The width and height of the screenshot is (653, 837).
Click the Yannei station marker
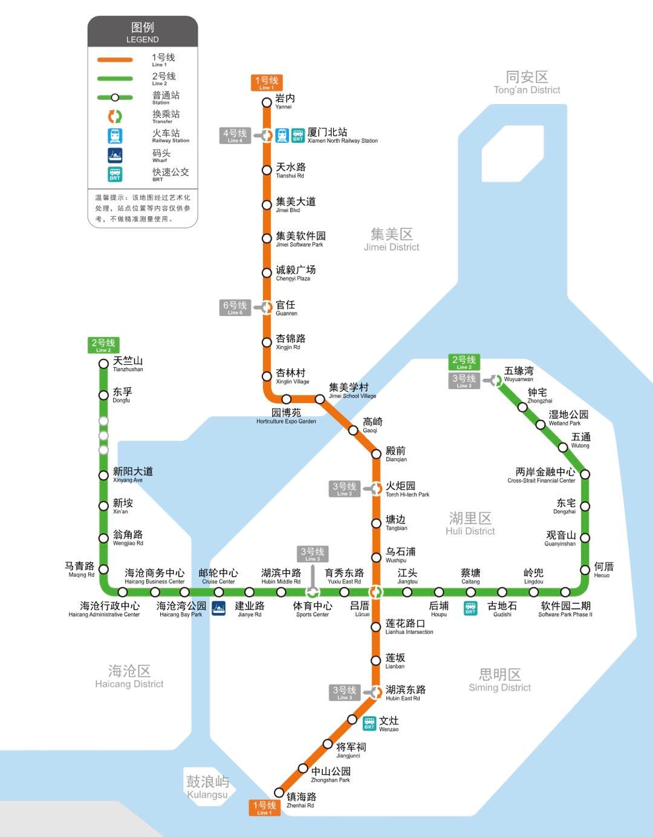pos(267,102)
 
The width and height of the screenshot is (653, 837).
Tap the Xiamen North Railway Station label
pos(342,135)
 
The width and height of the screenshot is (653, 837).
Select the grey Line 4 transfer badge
pos(235,136)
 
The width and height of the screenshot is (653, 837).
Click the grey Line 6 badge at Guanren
pos(235,307)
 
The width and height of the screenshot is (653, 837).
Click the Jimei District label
pos(391,240)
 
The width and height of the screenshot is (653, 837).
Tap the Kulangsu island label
pos(207,787)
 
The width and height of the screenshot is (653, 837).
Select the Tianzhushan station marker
pos(103,364)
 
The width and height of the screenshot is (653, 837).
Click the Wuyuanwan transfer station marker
pos(496,380)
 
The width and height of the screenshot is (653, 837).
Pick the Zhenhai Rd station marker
pos(279,792)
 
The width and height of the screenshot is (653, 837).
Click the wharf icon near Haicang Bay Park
pos(218,608)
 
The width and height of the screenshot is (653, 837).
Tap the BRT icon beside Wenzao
pos(369,723)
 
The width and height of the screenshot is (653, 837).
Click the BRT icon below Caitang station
pos(470,608)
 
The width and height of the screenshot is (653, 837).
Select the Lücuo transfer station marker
pos(376,592)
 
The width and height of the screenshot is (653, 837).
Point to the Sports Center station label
pos(313,609)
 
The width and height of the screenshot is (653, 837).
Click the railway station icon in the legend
pos(115,136)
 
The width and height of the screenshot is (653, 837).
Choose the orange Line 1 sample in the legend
pos(115,60)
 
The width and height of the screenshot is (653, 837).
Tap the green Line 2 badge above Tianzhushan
pos(103,345)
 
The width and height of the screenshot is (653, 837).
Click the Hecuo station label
pos(603,569)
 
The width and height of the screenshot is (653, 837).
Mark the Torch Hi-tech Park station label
pos(407,489)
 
